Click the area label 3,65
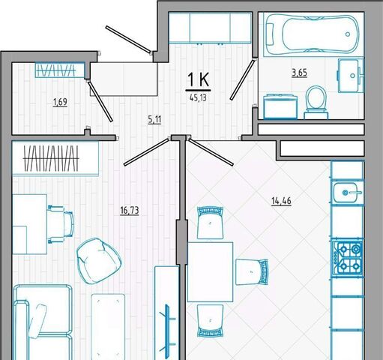pyautogui.click(x=300, y=73)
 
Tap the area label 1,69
pyautogui.click(x=60, y=102)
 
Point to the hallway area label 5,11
pyautogui.click(x=154, y=120)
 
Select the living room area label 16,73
pyautogui.click(x=130, y=211)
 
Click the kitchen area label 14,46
pyautogui.click(x=281, y=201)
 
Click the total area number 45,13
pyautogui.click(x=198, y=97)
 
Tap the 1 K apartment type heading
pyautogui.click(x=198, y=79)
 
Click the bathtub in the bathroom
pyautogui.click(x=312, y=34)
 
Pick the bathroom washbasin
pyautogui.click(x=351, y=76)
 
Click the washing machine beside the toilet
pyautogui.click(x=280, y=106)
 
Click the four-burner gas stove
pyautogui.click(x=347, y=258)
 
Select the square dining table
pyautogui.click(x=210, y=271)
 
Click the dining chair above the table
pyautogui.click(x=210, y=223)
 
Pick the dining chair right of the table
pyautogui.click(x=252, y=272)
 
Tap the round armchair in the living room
pyautogui.click(x=99, y=261)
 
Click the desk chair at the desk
pyautogui.click(x=61, y=224)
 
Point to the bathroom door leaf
pyautogui.click(x=242, y=79)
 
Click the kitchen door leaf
pyautogui.click(x=211, y=151)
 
